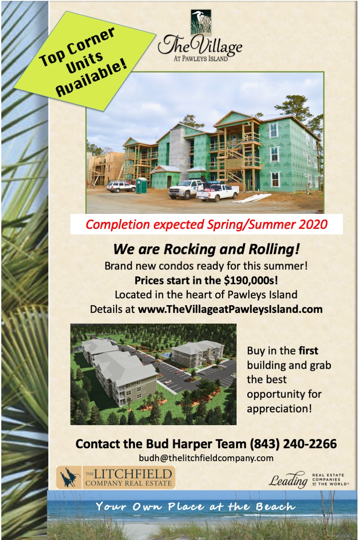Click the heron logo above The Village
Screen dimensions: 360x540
[201, 23]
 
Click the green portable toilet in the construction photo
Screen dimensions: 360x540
[141, 185]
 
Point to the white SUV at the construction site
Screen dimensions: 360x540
[121, 186]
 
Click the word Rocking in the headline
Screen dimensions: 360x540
[190, 249]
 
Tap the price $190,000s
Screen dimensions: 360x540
[251, 280]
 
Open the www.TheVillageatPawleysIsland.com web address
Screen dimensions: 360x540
[230, 309]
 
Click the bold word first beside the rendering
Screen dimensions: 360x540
[308, 350]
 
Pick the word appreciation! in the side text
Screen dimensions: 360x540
[279, 409]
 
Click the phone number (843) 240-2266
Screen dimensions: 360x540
[293, 444]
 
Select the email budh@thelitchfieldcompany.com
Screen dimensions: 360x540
[206, 458]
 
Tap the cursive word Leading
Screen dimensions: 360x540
[288, 480]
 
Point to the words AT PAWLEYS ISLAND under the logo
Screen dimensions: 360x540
[201, 58]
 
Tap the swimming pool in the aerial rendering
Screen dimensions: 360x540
[165, 355]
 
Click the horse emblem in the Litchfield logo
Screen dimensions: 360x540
[70, 477]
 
